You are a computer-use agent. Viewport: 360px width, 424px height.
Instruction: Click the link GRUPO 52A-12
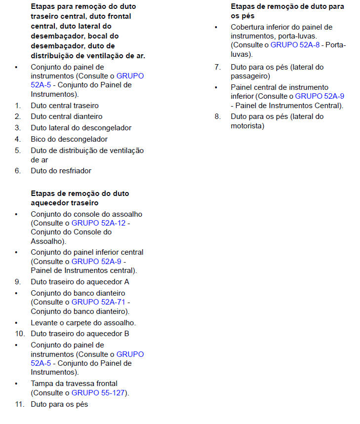coord(99,223)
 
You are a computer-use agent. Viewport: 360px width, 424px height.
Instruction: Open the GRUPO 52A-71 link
coord(99,302)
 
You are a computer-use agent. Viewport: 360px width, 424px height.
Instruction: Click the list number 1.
coord(17,105)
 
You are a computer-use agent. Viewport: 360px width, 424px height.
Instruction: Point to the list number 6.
coord(17,171)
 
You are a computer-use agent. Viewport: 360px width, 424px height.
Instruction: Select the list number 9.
coord(17,282)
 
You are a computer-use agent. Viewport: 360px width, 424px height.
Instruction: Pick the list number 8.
coord(217,116)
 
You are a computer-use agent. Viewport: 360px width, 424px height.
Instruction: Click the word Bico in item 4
coord(39,139)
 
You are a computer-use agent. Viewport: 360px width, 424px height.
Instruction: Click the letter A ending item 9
coord(127,282)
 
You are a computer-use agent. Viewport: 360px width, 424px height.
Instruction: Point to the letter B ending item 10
coord(127,333)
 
